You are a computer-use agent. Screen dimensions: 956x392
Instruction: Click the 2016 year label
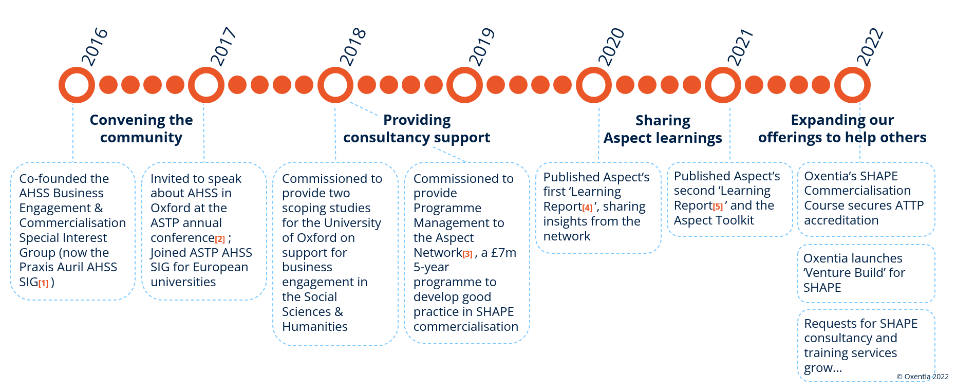click(95, 47)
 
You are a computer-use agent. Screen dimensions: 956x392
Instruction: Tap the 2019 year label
click(482, 47)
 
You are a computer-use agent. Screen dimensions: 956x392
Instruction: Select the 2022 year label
click(870, 47)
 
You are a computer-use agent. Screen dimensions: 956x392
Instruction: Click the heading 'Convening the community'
click(141, 128)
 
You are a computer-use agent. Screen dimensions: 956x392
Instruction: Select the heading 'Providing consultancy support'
click(417, 128)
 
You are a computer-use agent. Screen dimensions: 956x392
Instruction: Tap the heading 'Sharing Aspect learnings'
click(663, 129)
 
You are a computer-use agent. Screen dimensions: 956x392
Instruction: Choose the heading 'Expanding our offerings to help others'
click(842, 128)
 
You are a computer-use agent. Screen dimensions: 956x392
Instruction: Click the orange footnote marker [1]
click(44, 283)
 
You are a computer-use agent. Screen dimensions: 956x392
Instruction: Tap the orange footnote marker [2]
click(220, 239)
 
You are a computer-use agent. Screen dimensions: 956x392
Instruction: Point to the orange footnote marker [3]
click(467, 254)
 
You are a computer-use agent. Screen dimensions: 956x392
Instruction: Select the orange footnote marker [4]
click(587, 208)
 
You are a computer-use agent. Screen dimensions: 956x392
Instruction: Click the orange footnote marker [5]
click(718, 207)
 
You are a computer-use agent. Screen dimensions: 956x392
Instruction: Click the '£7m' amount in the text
click(504, 253)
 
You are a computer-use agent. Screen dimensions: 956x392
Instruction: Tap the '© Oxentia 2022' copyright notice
click(923, 377)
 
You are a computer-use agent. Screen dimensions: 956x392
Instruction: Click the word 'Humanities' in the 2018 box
click(315, 327)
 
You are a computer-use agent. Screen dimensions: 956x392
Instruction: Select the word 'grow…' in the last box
click(823, 368)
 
